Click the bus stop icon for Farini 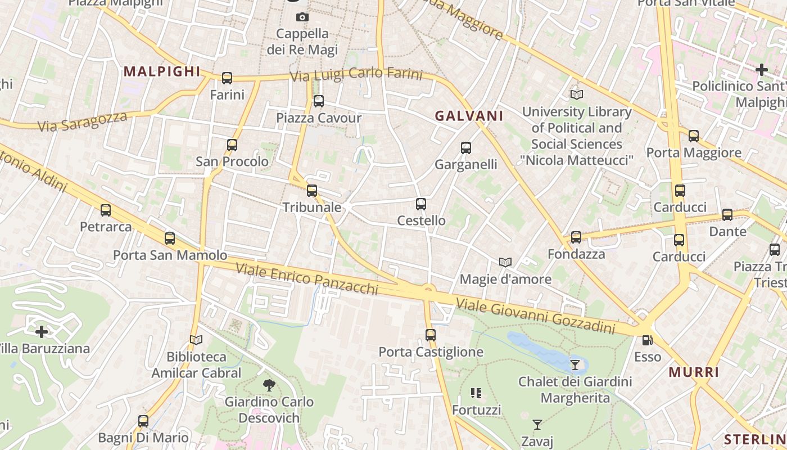point(227,78)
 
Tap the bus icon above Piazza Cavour point(319,101)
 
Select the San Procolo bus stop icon point(232,145)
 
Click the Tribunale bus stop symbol point(312,191)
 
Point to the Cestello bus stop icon point(421,204)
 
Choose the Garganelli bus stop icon point(466,148)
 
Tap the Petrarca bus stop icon point(106,210)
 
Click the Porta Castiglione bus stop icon point(431,335)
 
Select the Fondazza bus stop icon point(576,237)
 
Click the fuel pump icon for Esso point(648,340)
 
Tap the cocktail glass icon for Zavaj point(537,425)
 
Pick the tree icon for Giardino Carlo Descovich point(269,385)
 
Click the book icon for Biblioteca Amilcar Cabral point(196,340)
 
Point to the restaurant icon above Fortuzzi point(476,393)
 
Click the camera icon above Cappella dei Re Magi point(302,17)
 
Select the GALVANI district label point(469,116)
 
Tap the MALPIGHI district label point(162,71)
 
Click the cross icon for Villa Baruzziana point(42,331)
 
